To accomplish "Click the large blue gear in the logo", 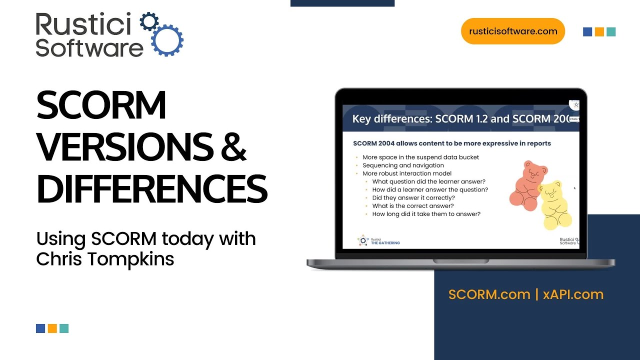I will coord(167,39).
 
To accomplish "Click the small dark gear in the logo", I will coord(148,22).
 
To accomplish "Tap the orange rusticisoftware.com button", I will coord(512,31).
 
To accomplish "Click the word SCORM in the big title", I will coord(101,105).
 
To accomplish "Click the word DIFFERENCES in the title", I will coord(152,188).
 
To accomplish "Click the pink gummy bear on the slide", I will coord(524,183).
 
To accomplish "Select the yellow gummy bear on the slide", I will coord(554,205).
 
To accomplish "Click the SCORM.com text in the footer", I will coord(489,294).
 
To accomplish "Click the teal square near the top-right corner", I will coord(611,32).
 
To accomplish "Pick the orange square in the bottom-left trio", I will coord(52,328).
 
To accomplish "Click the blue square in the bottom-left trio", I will coord(40,328).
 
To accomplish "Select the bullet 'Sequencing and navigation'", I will coord(403,165).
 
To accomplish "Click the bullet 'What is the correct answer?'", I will coord(412,206).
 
